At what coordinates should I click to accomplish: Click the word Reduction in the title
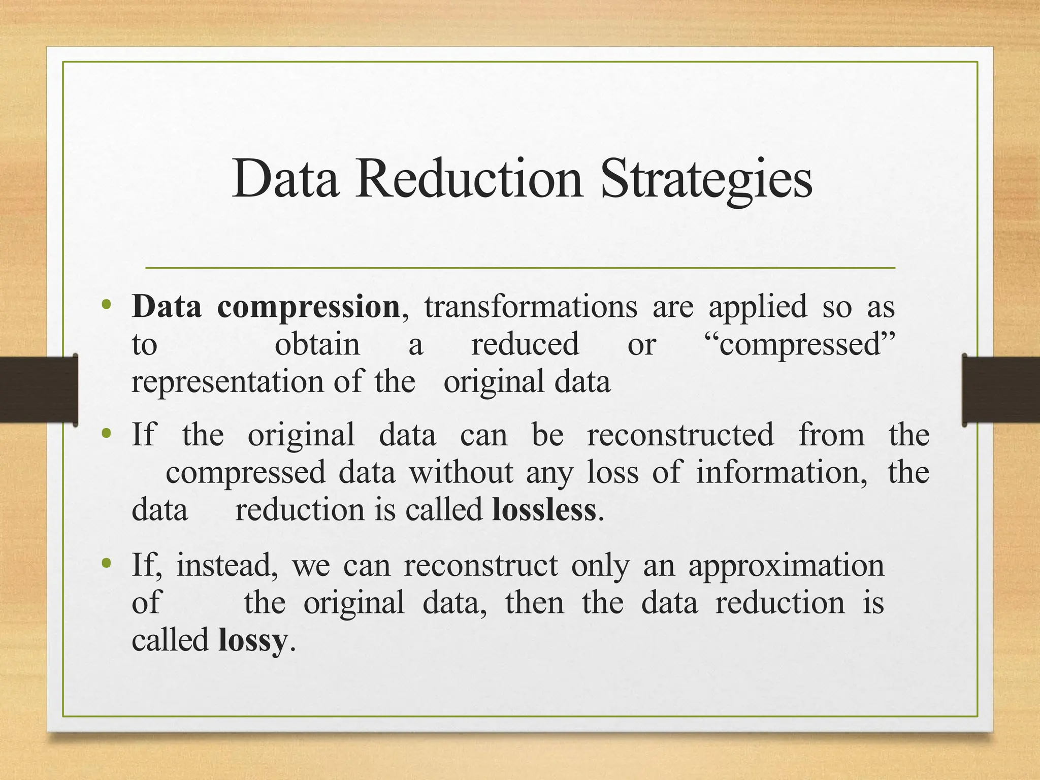468,179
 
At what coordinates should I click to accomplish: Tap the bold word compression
308,307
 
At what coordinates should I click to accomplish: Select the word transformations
531,307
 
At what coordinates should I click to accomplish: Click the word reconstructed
680,435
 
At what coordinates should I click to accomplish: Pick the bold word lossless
544,510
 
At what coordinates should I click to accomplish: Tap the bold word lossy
252,641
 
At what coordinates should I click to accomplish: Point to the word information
781,473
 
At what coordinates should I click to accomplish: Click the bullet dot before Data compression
106,305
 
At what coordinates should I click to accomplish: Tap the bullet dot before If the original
106,434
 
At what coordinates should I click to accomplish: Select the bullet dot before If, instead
106,563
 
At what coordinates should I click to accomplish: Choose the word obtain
317,345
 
